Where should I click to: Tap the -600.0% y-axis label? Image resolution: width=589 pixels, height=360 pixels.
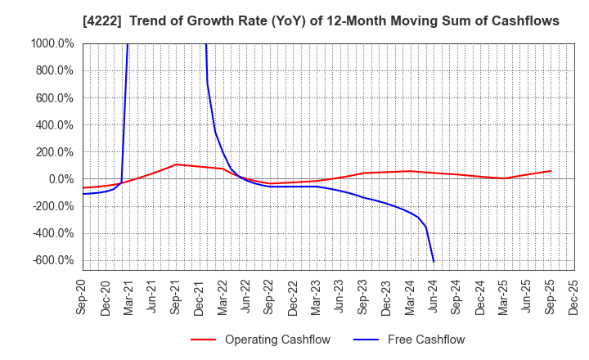[55, 260]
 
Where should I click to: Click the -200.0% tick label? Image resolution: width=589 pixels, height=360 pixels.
[55, 206]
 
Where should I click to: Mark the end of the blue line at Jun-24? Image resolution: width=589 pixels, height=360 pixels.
[434, 262]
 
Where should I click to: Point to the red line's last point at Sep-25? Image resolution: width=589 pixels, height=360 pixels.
[551, 171]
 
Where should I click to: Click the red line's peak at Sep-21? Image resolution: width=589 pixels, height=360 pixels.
[176, 164]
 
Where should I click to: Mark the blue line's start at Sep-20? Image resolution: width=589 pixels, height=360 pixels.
[83, 194]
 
